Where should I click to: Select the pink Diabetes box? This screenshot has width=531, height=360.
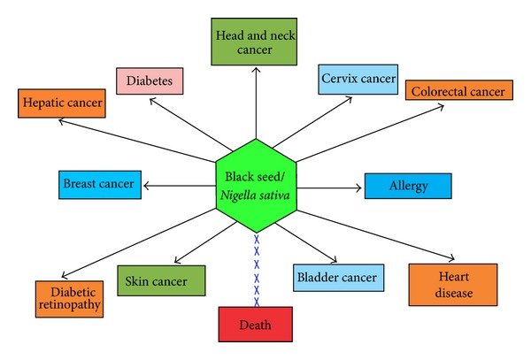149,80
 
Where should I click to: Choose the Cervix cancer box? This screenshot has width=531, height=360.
358,79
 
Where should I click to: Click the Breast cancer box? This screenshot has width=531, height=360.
98,185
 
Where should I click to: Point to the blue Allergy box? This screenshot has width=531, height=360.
408,186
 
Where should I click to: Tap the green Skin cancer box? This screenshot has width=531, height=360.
161,280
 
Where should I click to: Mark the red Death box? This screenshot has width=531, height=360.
256,324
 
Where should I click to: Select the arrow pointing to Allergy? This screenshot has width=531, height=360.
329,187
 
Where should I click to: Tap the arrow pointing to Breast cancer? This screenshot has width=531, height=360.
180,185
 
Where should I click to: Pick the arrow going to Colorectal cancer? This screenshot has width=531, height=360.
372,132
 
